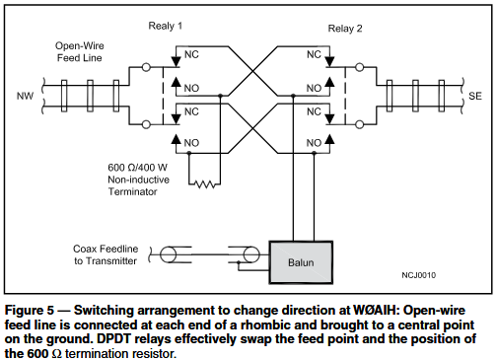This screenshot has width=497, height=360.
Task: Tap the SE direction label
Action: [473, 97]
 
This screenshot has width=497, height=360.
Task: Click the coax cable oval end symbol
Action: [169, 255]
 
